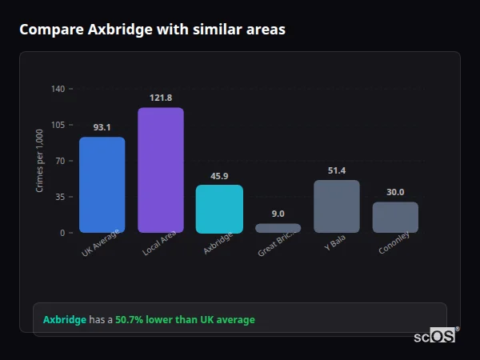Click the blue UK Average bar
102,184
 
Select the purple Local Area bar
161,170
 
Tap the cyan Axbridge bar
219,209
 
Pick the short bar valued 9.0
278,228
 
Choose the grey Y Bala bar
337,206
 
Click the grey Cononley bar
395,217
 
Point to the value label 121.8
161,98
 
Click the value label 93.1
102,127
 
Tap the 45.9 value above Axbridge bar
219,176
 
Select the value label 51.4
337,170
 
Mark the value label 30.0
395,192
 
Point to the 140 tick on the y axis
58,89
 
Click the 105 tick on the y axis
58,125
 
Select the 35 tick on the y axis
60,197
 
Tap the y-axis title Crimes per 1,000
40,161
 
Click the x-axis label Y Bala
335,244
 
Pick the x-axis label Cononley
394,246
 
